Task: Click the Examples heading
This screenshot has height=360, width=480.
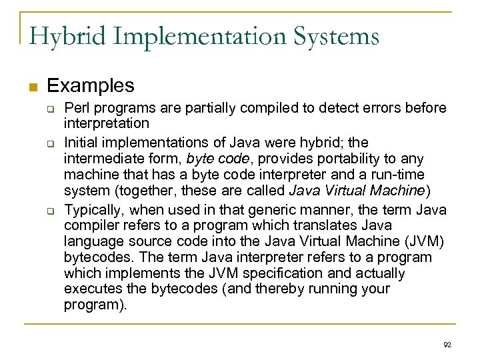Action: click(x=91, y=86)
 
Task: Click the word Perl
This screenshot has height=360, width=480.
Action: click(x=77, y=107)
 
